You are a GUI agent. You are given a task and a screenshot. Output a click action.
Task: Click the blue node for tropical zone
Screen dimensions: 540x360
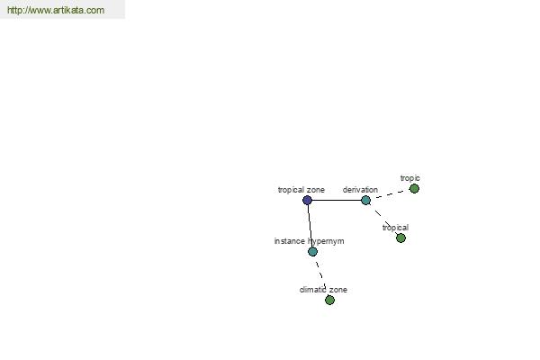[307, 200]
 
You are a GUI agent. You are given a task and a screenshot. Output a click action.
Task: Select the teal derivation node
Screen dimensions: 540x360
[365, 200]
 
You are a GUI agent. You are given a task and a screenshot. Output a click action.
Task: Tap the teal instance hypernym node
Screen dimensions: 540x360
[312, 252]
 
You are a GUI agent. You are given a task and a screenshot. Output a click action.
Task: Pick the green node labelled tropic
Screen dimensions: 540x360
[414, 188]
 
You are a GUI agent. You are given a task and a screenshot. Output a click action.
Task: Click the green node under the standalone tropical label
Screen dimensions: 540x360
[400, 238]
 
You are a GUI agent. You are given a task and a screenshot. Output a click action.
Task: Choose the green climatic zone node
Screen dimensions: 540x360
[329, 300]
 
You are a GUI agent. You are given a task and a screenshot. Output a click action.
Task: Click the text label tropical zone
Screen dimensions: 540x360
[301, 190]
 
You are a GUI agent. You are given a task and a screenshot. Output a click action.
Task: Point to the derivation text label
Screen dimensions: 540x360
[360, 190]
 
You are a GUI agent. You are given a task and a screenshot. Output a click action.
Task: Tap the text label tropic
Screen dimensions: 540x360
[409, 178]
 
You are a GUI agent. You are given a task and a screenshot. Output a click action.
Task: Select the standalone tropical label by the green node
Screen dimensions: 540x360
[395, 228]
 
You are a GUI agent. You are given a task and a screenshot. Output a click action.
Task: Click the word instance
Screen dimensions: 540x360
[289, 241]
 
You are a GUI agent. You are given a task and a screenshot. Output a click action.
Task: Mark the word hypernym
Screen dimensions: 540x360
[326, 241]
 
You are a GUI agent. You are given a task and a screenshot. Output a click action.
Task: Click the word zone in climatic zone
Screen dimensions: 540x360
[338, 290]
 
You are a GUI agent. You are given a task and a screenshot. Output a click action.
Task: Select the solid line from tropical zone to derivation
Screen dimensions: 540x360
[337, 200]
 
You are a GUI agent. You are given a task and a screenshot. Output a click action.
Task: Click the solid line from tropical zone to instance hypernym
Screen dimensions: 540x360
[310, 226]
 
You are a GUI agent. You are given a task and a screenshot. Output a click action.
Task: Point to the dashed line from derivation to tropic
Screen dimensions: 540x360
[391, 194]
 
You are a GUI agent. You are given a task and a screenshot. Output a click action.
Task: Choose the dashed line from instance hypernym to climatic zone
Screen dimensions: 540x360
[320, 274]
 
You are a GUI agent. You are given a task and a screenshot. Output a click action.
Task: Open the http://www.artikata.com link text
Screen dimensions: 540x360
[56, 10]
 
